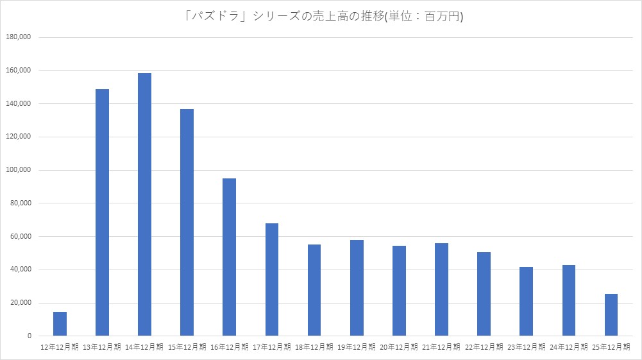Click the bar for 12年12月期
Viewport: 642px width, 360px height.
pos(60,324)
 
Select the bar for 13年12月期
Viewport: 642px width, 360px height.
pos(102,212)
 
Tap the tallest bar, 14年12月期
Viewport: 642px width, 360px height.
pos(144,205)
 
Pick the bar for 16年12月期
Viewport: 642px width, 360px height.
pos(229,257)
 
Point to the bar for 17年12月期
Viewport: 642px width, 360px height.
pos(271,280)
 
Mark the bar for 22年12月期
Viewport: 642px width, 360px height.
pos(484,294)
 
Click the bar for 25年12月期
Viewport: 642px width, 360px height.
pos(611,315)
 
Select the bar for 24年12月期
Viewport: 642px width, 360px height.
pos(568,300)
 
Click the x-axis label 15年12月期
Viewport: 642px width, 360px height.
pos(187,347)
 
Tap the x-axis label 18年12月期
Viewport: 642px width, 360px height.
pos(314,347)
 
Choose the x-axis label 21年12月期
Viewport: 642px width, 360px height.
pos(441,347)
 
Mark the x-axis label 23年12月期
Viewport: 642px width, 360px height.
pos(526,347)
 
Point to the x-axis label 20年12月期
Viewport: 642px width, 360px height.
pos(398,347)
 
